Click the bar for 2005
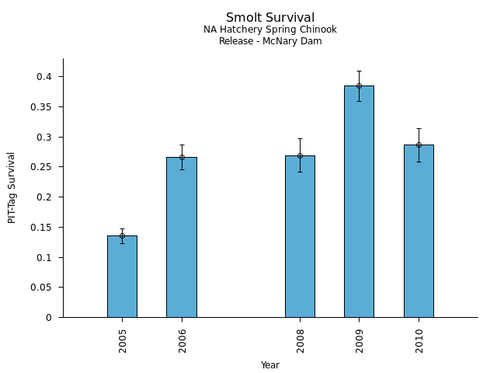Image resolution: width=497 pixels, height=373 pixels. pos(122,277)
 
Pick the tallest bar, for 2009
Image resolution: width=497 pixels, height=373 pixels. pos(359,201)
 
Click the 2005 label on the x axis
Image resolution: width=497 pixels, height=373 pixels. pos(123,340)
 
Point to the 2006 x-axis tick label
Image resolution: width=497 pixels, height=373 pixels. pos(182,340)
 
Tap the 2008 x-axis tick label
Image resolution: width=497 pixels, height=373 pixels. pos(301,340)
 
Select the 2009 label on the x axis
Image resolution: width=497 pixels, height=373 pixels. pos(360,340)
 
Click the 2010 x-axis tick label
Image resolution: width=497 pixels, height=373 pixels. pos(419,340)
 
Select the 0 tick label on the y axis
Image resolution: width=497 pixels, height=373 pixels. pos(49,318)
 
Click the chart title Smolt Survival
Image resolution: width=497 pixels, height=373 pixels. pos(270,18)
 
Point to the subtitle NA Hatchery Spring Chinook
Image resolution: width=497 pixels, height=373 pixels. pos(270,30)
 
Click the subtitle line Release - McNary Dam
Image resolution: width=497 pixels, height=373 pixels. pos(270,41)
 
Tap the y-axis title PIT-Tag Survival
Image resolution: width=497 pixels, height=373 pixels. pos(12,187)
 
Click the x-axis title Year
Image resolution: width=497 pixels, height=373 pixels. pos(270,365)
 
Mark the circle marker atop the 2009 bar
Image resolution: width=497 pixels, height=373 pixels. pos(359,85)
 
